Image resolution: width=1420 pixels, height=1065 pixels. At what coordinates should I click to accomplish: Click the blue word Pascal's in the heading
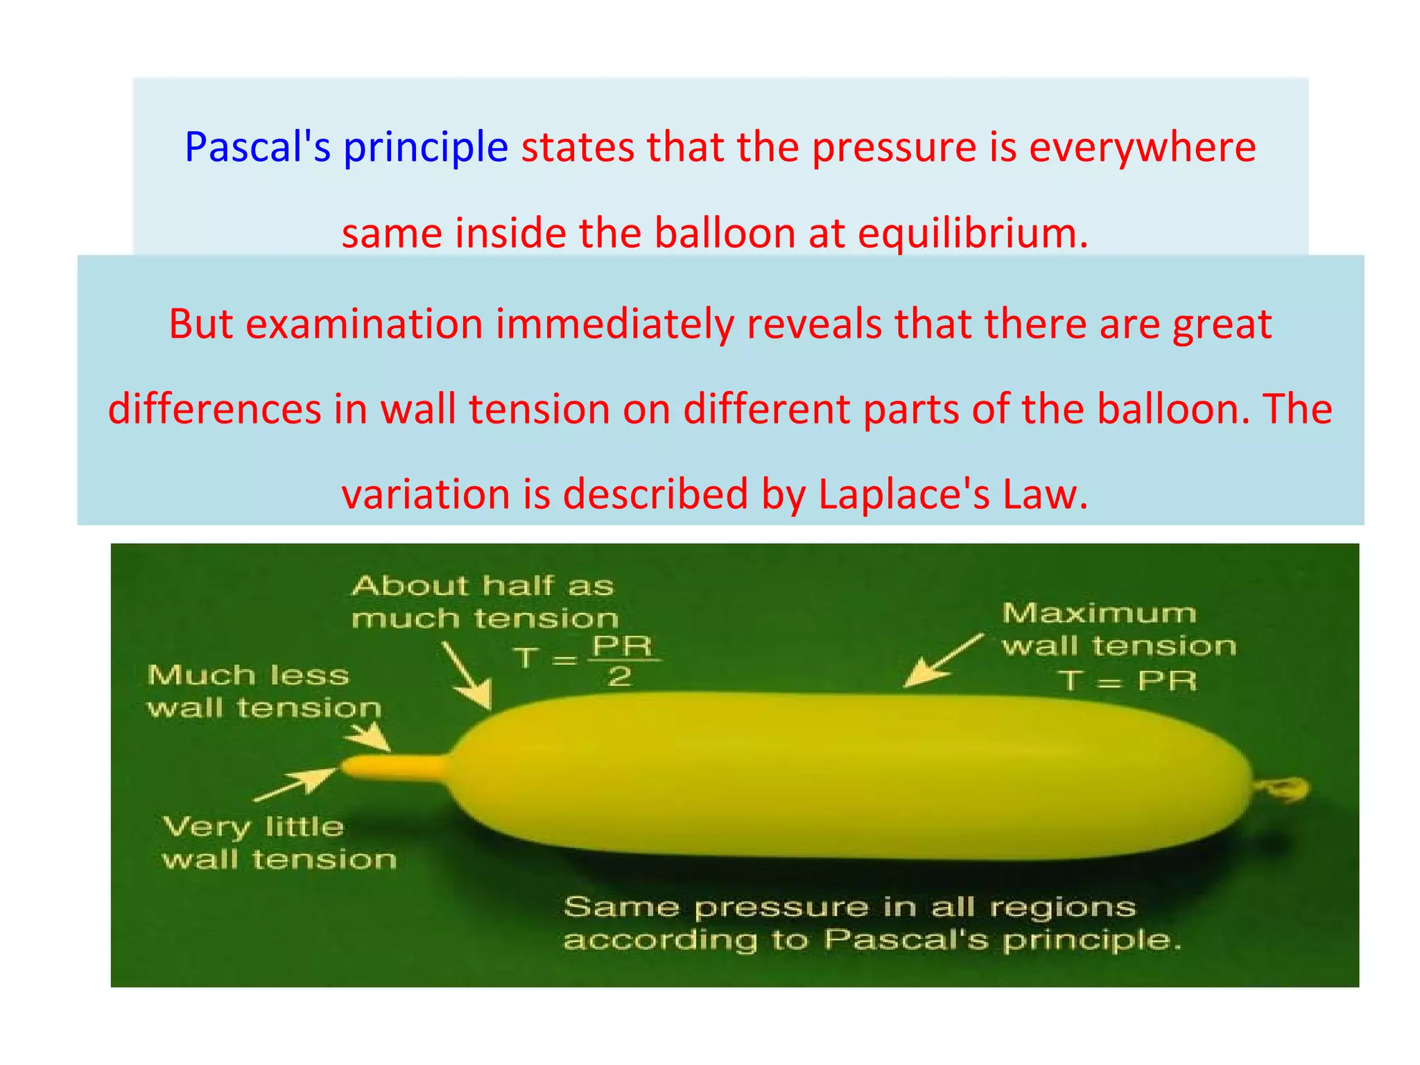tap(257, 148)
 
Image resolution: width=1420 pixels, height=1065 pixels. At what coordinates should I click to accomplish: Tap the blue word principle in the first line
tap(426, 149)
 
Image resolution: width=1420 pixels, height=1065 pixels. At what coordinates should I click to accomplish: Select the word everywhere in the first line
tap(1142, 148)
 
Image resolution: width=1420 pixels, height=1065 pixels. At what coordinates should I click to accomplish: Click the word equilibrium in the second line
tap(973, 234)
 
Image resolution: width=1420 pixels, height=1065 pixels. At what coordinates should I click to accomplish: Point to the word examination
tap(363, 324)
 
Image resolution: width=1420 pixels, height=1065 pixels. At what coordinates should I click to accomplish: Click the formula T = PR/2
tap(587, 659)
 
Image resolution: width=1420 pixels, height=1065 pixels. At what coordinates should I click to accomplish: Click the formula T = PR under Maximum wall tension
tap(1127, 681)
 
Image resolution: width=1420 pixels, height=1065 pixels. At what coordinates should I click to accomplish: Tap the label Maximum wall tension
tap(1118, 630)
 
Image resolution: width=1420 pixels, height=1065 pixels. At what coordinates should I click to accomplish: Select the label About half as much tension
tap(484, 602)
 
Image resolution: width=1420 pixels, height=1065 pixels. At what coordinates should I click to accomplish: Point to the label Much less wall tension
tap(263, 691)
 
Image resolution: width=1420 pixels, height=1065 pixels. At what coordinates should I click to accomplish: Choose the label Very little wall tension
tap(278, 843)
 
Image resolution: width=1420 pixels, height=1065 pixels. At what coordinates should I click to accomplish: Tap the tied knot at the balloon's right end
tap(1285, 789)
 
